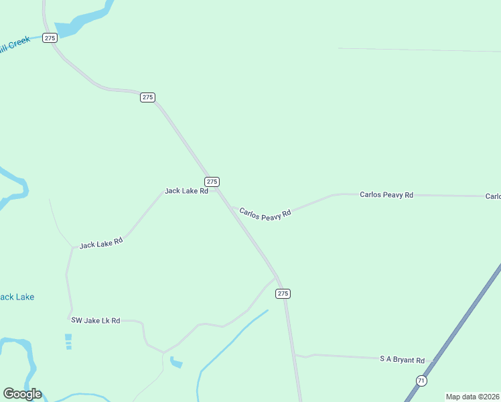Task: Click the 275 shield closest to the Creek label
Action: (50, 38)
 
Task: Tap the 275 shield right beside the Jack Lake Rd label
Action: (212, 182)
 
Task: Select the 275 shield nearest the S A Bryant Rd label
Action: (283, 293)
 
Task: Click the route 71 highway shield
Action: (421, 380)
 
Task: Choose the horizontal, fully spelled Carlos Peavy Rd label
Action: (386, 195)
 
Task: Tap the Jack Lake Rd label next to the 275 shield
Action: (186, 191)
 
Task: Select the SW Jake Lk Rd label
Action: (96, 321)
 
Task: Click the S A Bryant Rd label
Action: (402, 360)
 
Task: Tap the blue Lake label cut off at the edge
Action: (17, 297)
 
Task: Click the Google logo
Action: (22, 394)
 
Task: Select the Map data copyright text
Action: (473, 397)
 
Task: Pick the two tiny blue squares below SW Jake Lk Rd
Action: (68, 342)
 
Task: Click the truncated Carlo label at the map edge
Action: (493, 196)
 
